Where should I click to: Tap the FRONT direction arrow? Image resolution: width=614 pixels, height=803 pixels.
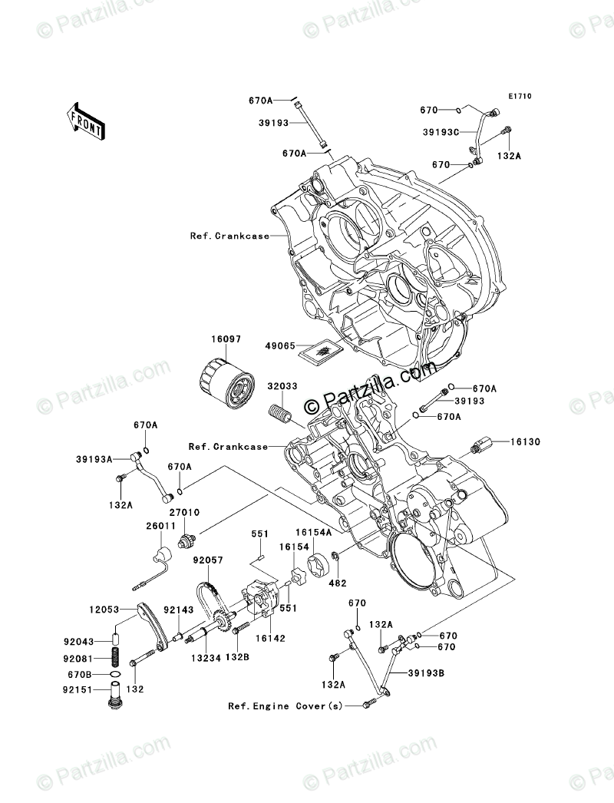coord(84,121)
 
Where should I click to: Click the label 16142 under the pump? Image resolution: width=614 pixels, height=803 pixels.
coord(266,637)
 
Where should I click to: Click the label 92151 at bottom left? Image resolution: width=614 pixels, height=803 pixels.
coord(78,689)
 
